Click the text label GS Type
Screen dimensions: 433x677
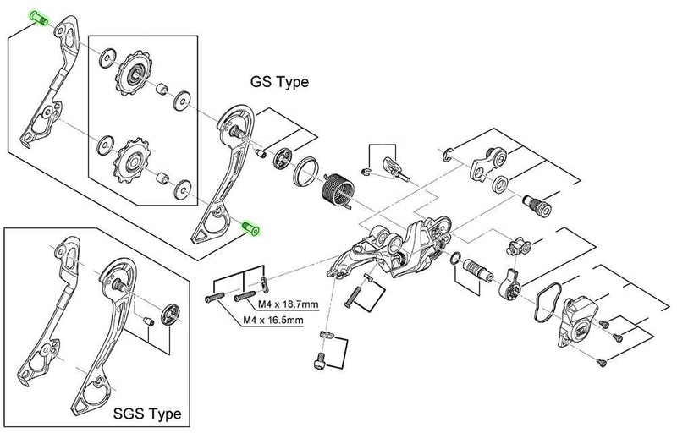(278, 83)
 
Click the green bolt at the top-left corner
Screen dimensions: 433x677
(40, 18)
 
